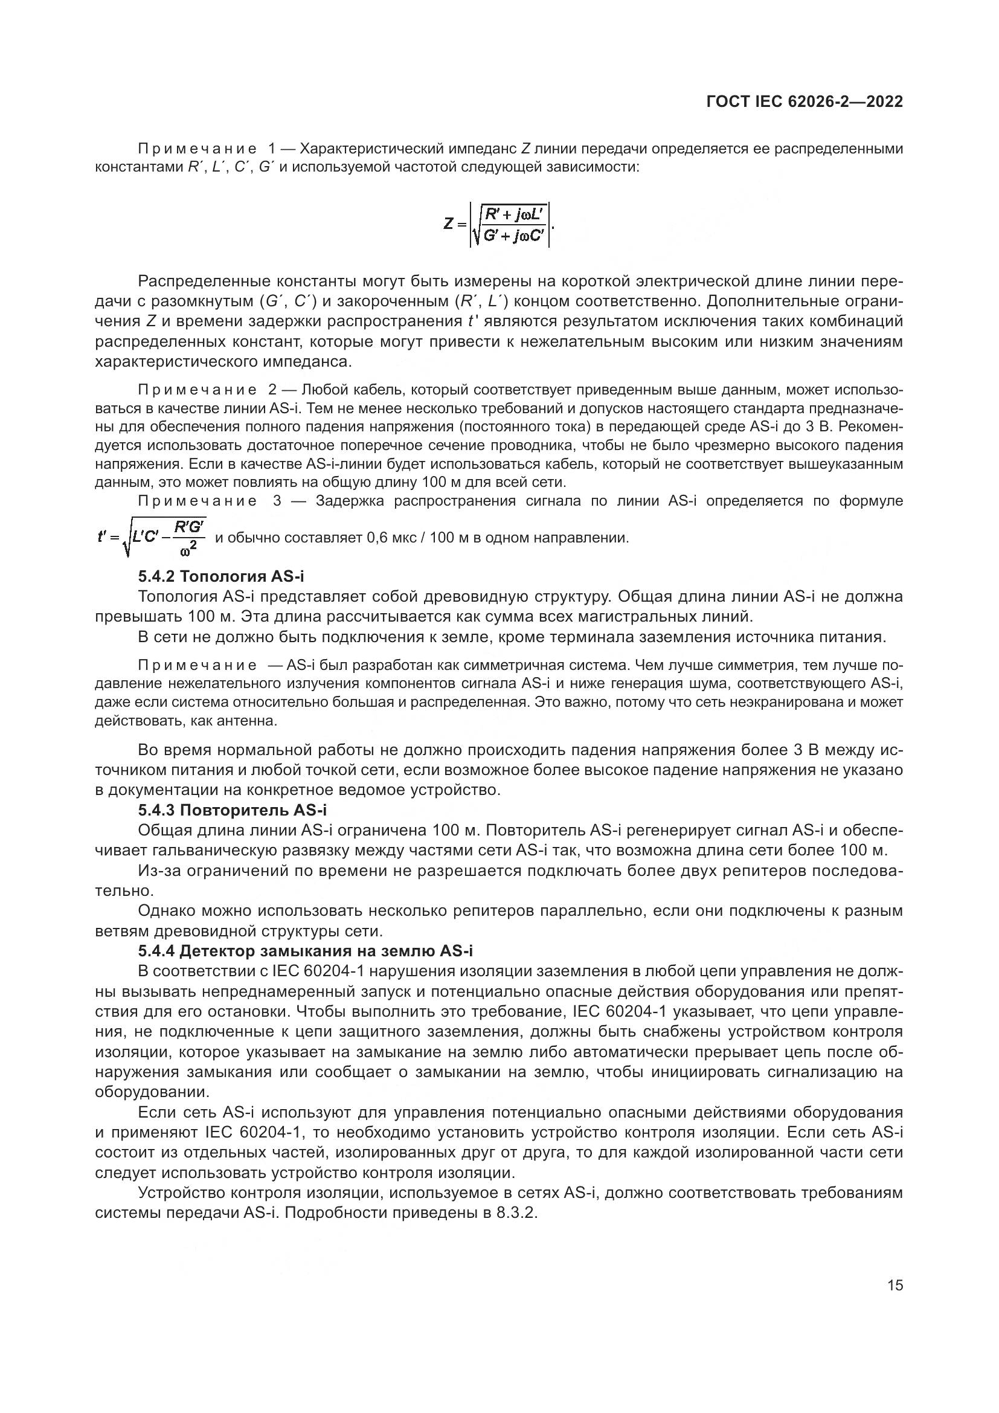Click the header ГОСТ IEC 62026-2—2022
[805, 102]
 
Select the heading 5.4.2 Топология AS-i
[221, 577]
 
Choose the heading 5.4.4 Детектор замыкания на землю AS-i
[305, 951]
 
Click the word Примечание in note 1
[197, 149]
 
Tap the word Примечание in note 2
[197, 390]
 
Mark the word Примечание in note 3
[197, 501]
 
